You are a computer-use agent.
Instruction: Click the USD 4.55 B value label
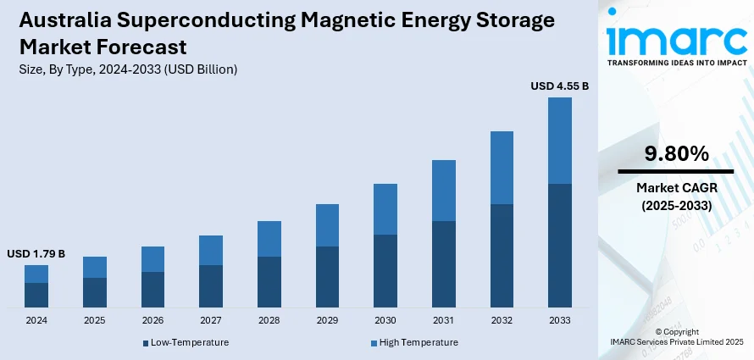coord(559,86)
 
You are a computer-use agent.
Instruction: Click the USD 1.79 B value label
coord(36,253)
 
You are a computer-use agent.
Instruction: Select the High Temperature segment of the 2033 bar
coord(560,141)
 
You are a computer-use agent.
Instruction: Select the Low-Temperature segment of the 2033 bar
coord(560,245)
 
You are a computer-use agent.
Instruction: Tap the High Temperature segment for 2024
coord(36,274)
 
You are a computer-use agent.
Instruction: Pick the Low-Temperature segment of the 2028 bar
coord(269,281)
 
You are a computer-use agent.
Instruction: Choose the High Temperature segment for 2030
coord(385,209)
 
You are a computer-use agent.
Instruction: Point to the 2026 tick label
coord(152,321)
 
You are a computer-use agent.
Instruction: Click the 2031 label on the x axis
coord(444,321)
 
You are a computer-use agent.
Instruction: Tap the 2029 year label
coord(327,321)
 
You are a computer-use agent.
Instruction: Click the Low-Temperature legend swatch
coord(146,343)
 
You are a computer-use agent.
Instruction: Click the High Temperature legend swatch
coord(374,343)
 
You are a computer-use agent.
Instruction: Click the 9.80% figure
coord(675,153)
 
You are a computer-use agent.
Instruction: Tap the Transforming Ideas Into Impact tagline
coord(675,62)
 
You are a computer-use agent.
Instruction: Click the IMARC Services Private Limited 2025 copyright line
coord(675,341)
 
